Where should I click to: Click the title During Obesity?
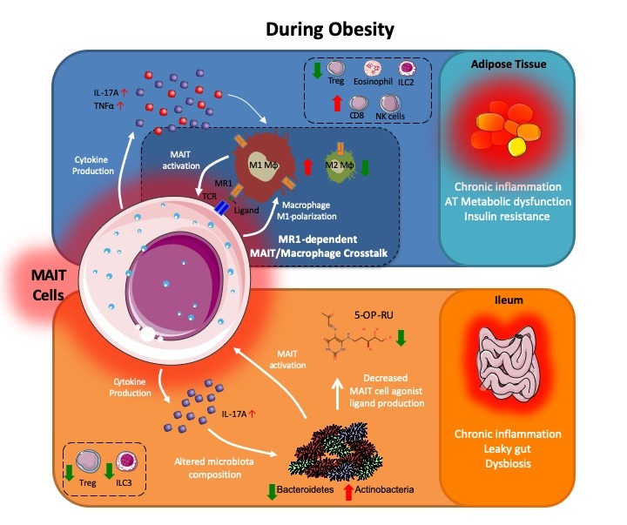330,30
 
